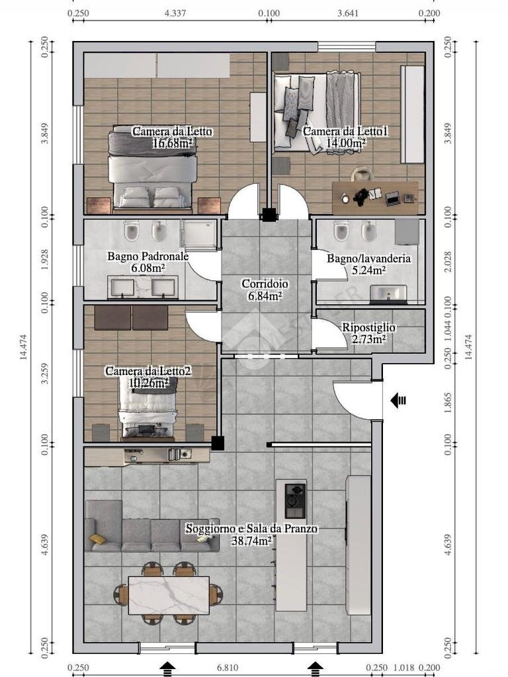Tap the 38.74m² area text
tap(252, 541)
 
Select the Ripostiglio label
tap(368, 327)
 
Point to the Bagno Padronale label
tap(148, 256)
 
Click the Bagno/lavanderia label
tap(368, 259)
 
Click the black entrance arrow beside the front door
tap(398, 400)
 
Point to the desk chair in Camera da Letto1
tap(362, 174)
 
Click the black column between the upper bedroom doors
tap(269, 215)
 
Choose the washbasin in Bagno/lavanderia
tap(388, 293)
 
